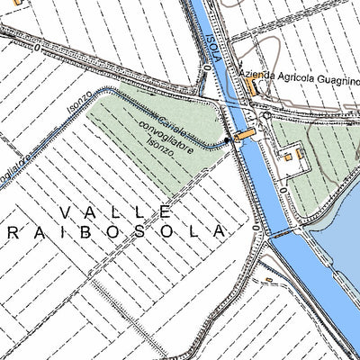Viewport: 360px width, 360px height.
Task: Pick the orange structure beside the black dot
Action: point(243,136)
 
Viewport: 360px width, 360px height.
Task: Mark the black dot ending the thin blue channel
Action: point(225,140)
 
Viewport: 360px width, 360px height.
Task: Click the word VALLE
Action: point(115,211)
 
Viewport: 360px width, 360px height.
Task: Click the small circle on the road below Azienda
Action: point(265,115)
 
